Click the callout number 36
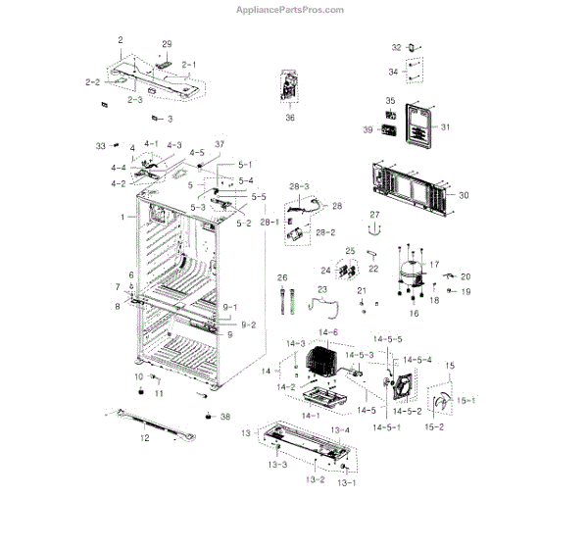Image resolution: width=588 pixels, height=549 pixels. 290,119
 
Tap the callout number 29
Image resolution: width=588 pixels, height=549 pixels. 167,45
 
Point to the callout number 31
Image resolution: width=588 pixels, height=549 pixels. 445,128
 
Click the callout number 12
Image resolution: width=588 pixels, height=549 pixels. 145,438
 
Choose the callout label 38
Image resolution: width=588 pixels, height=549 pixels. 225,417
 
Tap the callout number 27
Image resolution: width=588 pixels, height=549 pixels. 373,215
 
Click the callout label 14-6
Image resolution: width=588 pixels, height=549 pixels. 330,333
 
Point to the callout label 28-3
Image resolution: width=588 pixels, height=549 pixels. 299,186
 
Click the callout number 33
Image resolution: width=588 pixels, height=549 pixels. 100,146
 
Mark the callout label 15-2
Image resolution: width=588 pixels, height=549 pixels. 433,427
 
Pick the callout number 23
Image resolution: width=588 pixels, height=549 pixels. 320,289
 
